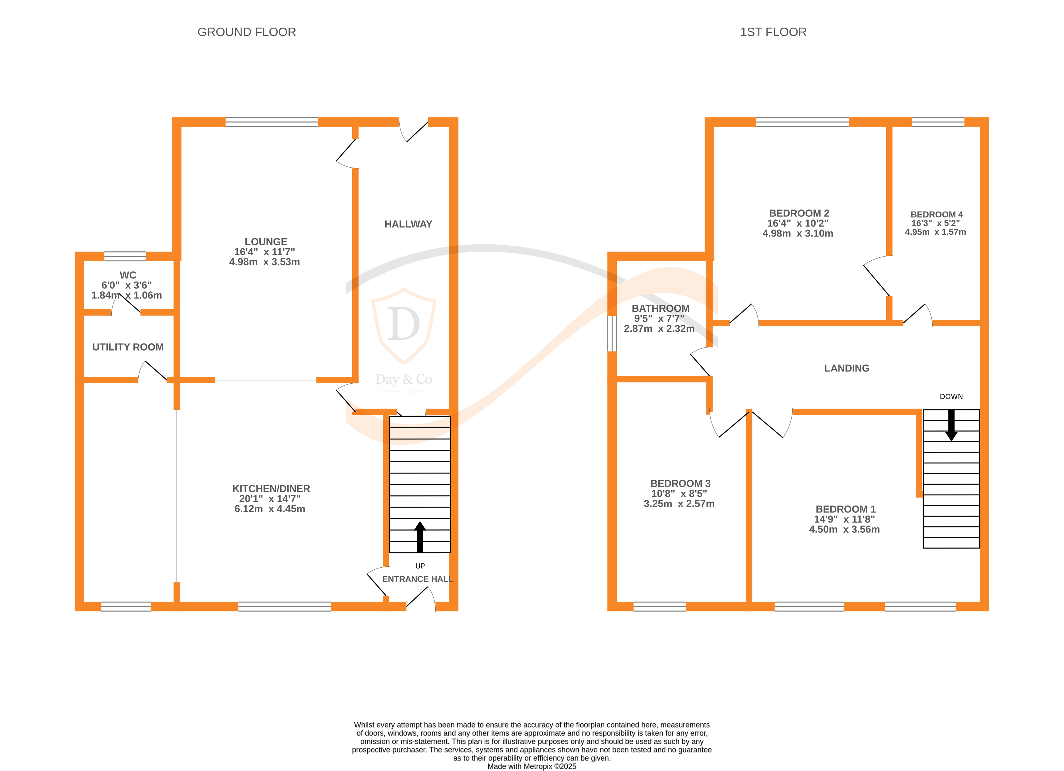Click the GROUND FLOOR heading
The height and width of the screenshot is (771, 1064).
[x=246, y=32]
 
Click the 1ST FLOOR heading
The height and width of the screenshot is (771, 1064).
[x=773, y=32]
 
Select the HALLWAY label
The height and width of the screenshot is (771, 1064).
[x=408, y=224]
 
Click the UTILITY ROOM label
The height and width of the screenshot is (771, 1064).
[x=128, y=347]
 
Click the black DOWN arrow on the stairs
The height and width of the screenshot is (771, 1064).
[x=951, y=425]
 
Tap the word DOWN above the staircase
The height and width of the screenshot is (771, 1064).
[x=951, y=396]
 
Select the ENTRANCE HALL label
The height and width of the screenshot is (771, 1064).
[x=417, y=579]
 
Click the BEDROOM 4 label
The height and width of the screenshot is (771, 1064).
[x=936, y=215]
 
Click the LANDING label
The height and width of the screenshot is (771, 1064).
[x=846, y=369]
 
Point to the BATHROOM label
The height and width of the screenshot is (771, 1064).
[x=660, y=308]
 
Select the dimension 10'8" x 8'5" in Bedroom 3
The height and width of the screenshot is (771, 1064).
[x=679, y=494]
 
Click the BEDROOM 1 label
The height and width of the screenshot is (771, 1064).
[x=845, y=509]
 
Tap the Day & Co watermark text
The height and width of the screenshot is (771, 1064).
[x=404, y=379]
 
